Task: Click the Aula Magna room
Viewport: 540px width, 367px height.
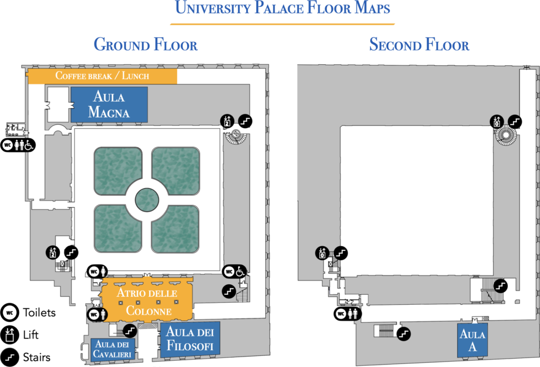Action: pyautogui.click(x=109, y=104)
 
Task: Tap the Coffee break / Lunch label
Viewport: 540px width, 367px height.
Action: pyautogui.click(x=102, y=75)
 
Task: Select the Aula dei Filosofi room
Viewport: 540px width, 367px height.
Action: pyautogui.click(x=190, y=339)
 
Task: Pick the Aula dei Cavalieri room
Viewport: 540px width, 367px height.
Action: pyautogui.click(x=113, y=350)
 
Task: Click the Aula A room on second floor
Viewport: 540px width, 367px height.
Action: pyautogui.click(x=472, y=340)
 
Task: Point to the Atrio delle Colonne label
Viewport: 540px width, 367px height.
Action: pyautogui.click(x=148, y=302)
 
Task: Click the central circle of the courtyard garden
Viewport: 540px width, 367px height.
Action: pyautogui.click(x=147, y=200)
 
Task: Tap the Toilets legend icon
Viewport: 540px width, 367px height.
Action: pyautogui.click(x=9, y=313)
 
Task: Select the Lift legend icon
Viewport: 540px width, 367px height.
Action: pyautogui.click(x=9, y=335)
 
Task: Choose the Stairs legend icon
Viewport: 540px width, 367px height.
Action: pyautogui.click(x=9, y=358)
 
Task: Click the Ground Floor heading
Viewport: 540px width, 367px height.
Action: pyautogui.click(x=146, y=45)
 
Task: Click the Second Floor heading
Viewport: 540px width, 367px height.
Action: pyautogui.click(x=419, y=45)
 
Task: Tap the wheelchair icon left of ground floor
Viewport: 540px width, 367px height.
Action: pyautogui.click(x=30, y=145)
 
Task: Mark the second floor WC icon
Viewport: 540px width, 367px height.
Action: pyautogui.click(x=341, y=314)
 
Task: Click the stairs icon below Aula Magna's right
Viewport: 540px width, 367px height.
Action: pyautogui.click(x=245, y=121)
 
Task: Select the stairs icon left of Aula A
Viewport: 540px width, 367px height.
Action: pyautogui.click(x=403, y=334)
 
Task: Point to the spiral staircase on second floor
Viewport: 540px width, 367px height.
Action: pyautogui.click(x=506, y=135)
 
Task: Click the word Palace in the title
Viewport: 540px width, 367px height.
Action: pyautogui.click(x=279, y=7)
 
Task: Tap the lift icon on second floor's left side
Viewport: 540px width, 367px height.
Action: pyautogui.click(x=322, y=254)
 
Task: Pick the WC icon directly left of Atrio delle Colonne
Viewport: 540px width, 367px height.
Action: pyautogui.click(x=94, y=314)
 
